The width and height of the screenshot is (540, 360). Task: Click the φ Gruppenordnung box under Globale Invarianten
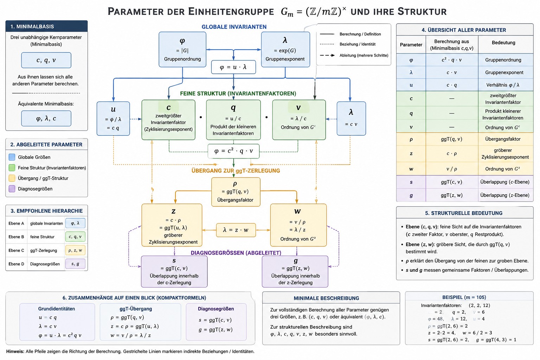point(182,50)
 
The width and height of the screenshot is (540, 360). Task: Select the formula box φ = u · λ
point(233,67)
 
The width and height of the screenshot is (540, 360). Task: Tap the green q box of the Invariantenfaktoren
point(233,120)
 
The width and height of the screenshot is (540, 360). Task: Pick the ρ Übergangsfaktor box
point(236,192)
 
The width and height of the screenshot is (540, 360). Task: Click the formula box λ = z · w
point(236,230)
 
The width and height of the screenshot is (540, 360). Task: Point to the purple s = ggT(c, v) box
point(174,271)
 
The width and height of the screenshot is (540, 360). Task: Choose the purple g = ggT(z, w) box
point(295,271)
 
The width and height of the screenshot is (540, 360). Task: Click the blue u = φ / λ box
point(113,118)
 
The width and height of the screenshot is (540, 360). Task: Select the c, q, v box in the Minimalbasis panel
point(46,60)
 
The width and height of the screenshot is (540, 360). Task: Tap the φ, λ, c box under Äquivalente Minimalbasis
point(46,118)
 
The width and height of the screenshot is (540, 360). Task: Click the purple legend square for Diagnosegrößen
point(12,188)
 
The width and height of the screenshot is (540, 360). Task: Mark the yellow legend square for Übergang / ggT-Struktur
point(12,178)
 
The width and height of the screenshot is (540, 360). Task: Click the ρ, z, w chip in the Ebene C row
point(75,250)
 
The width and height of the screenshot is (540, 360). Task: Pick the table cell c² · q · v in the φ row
point(452,60)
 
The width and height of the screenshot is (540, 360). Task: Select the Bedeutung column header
point(503,43)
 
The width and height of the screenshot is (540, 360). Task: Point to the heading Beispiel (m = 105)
point(464,297)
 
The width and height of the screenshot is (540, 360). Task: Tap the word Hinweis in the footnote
point(15,351)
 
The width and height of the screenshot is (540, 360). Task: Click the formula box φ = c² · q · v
point(233,151)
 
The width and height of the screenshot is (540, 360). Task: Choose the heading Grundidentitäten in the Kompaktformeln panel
point(57,309)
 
